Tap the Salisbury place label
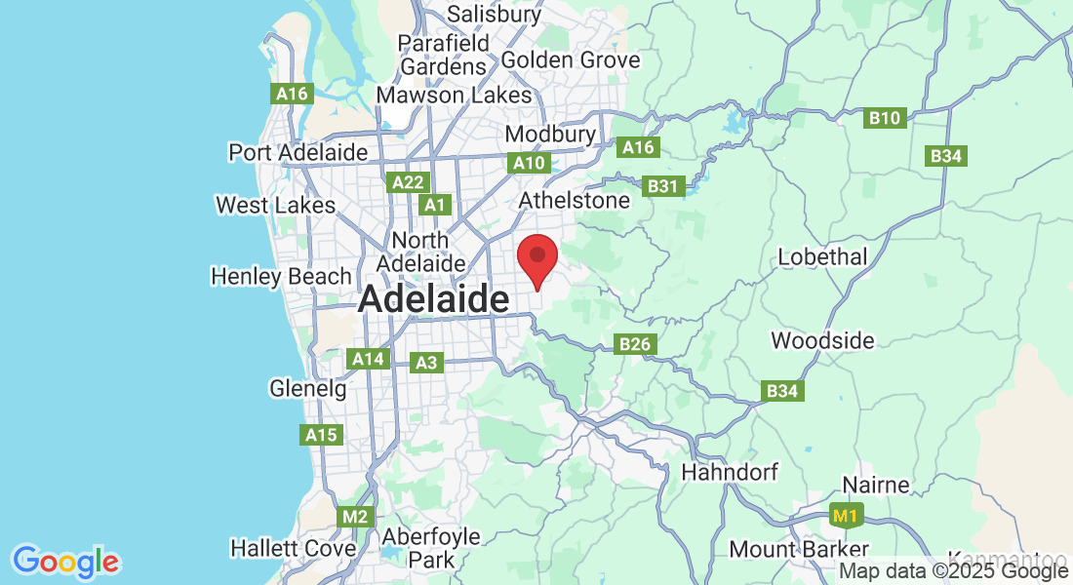coord(494,14)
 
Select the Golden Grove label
coord(571,60)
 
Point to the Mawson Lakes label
coord(455,95)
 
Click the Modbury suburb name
coord(550,134)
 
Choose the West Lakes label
coord(276,206)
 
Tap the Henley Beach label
coord(281,277)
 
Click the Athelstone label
coord(575,200)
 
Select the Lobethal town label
coord(822,257)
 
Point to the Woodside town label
coord(822,341)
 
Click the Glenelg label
coord(308,389)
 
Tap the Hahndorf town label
coord(730,473)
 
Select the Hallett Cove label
coord(293,549)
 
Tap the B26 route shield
coord(635,343)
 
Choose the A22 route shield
coord(406,182)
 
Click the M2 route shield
coord(355,517)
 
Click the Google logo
coord(66,563)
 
